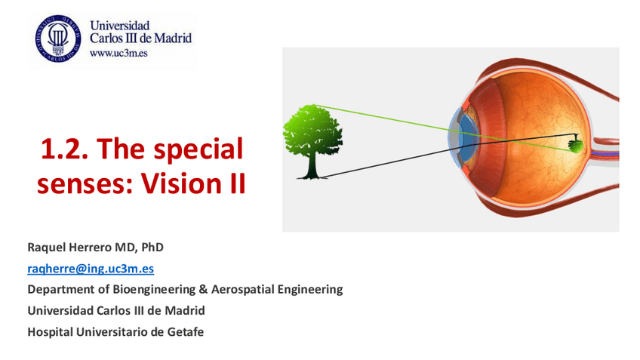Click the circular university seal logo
58,38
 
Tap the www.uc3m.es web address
118,53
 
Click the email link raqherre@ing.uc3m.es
91,269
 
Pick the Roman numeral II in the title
238,183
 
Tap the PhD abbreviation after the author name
152,248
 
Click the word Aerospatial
243,289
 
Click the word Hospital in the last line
51,332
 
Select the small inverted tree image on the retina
576,144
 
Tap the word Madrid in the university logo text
173,38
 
